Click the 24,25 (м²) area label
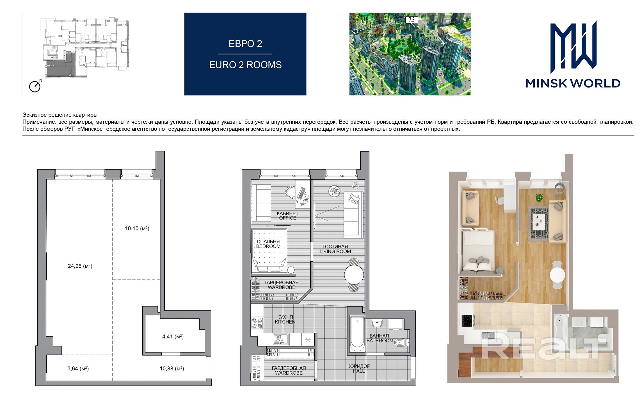pyautogui.click(x=80, y=266)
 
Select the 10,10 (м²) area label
pyautogui.click(x=137, y=228)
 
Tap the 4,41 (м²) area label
pyautogui.click(x=173, y=336)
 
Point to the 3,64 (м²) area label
pyautogui.click(x=78, y=368)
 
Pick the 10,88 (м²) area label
pyautogui.click(x=172, y=368)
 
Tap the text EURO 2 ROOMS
pyautogui.click(x=245, y=65)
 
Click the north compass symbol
pyautogui.click(x=35, y=86)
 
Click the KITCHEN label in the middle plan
pyautogui.click(x=285, y=322)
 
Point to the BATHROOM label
pyautogui.click(x=380, y=341)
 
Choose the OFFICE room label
pyautogui.click(x=288, y=218)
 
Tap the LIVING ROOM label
pyautogui.click(x=335, y=251)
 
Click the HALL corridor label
pyautogui.click(x=359, y=371)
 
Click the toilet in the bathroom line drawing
pyautogui.click(x=401, y=342)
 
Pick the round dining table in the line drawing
pyautogui.click(x=354, y=275)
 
